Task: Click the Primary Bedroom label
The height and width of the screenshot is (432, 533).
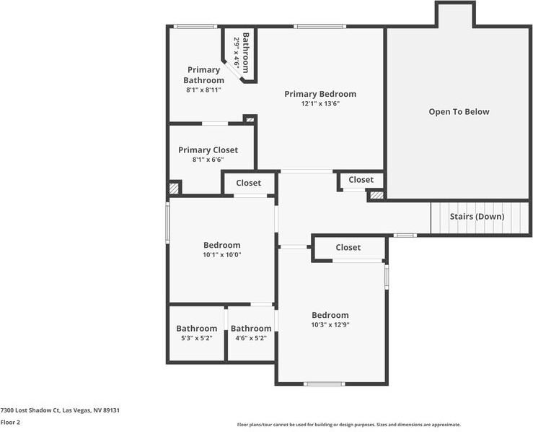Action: click(320, 94)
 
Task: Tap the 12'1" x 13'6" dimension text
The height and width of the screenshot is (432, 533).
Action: click(320, 103)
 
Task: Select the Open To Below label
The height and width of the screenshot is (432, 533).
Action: click(459, 112)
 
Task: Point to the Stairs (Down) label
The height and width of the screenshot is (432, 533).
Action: click(477, 217)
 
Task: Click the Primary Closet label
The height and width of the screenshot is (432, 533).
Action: click(208, 150)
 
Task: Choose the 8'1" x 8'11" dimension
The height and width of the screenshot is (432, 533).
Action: click(203, 90)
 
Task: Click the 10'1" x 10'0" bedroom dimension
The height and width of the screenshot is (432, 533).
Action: click(222, 254)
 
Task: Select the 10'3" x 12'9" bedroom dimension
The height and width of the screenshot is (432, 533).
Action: click(330, 325)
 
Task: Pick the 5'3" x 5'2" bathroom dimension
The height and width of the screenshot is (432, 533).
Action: click(197, 338)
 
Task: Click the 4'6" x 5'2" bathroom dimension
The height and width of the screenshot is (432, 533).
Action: click(251, 338)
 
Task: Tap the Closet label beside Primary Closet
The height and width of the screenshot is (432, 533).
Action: click(249, 183)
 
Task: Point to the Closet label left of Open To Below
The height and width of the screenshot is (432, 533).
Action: click(361, 179)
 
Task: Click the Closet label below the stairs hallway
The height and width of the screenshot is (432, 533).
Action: click(348, 248)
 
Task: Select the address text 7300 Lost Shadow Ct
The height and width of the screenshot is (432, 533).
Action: click(30, 410)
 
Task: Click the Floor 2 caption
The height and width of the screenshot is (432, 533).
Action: click(10, 422)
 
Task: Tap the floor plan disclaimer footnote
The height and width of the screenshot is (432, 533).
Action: click(349, 425)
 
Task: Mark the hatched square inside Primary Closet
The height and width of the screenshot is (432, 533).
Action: click(174, 189)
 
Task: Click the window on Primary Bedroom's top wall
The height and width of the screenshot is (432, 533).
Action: click(320, 26)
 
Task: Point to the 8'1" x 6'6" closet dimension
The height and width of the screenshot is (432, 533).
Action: click(208, 160)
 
